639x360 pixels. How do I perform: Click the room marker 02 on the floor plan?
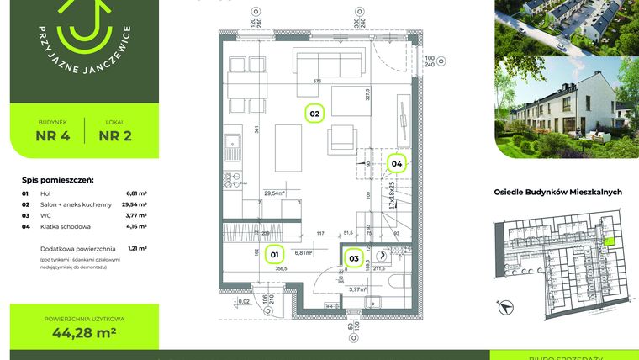coord(314,113)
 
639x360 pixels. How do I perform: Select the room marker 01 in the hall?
coord(274,253)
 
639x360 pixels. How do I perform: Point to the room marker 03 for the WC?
coord(354,258)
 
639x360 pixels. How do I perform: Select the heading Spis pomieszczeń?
coord(57,180)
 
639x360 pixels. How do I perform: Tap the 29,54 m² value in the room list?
coord(135,204)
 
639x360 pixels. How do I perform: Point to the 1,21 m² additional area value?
coord(137,249)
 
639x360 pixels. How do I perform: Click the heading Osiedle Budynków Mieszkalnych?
coord(557,193)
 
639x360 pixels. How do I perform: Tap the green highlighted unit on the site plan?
coord(610,241)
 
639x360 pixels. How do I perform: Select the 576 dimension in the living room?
coord(318,82)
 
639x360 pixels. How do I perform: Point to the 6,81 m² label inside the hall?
coord(304,251)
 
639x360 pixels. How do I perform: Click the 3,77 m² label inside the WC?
coord(358,289)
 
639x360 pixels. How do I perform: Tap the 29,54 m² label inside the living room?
coord(274,193)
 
